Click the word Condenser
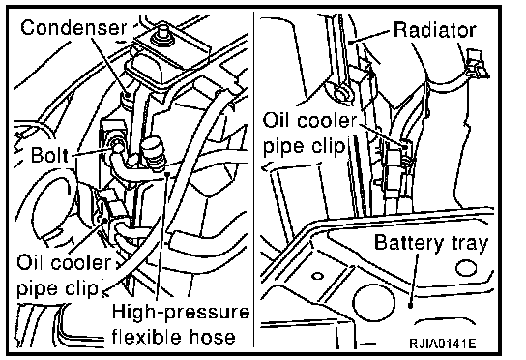[73, 27]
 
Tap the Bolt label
[49, 155]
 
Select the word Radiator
[435, 30]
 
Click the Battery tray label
[430, 243]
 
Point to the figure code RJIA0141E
[442, 344]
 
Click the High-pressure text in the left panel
[181, 312]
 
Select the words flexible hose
[173, 336]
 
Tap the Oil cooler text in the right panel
[310, 120]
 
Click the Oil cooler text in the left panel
[64, 262]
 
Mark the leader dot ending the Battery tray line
[410, 306]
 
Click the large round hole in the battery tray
[373, 302]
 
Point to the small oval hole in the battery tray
[317, 276]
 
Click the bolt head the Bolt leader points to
[117, 146]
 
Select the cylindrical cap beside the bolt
[154, 153]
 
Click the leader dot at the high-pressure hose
[167, 174]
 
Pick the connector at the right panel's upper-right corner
[478, 63]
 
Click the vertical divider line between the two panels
[254, 180]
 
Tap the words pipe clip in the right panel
[304, 146]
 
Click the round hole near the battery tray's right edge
[466, 268]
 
